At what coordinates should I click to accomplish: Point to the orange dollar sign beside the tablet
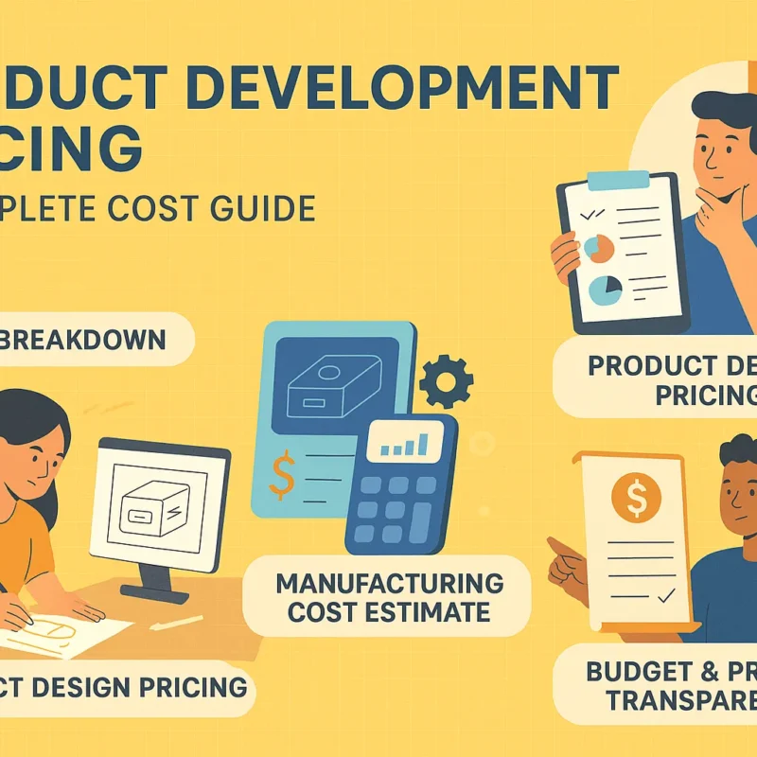pyautogui.click(x=281, y=474)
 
